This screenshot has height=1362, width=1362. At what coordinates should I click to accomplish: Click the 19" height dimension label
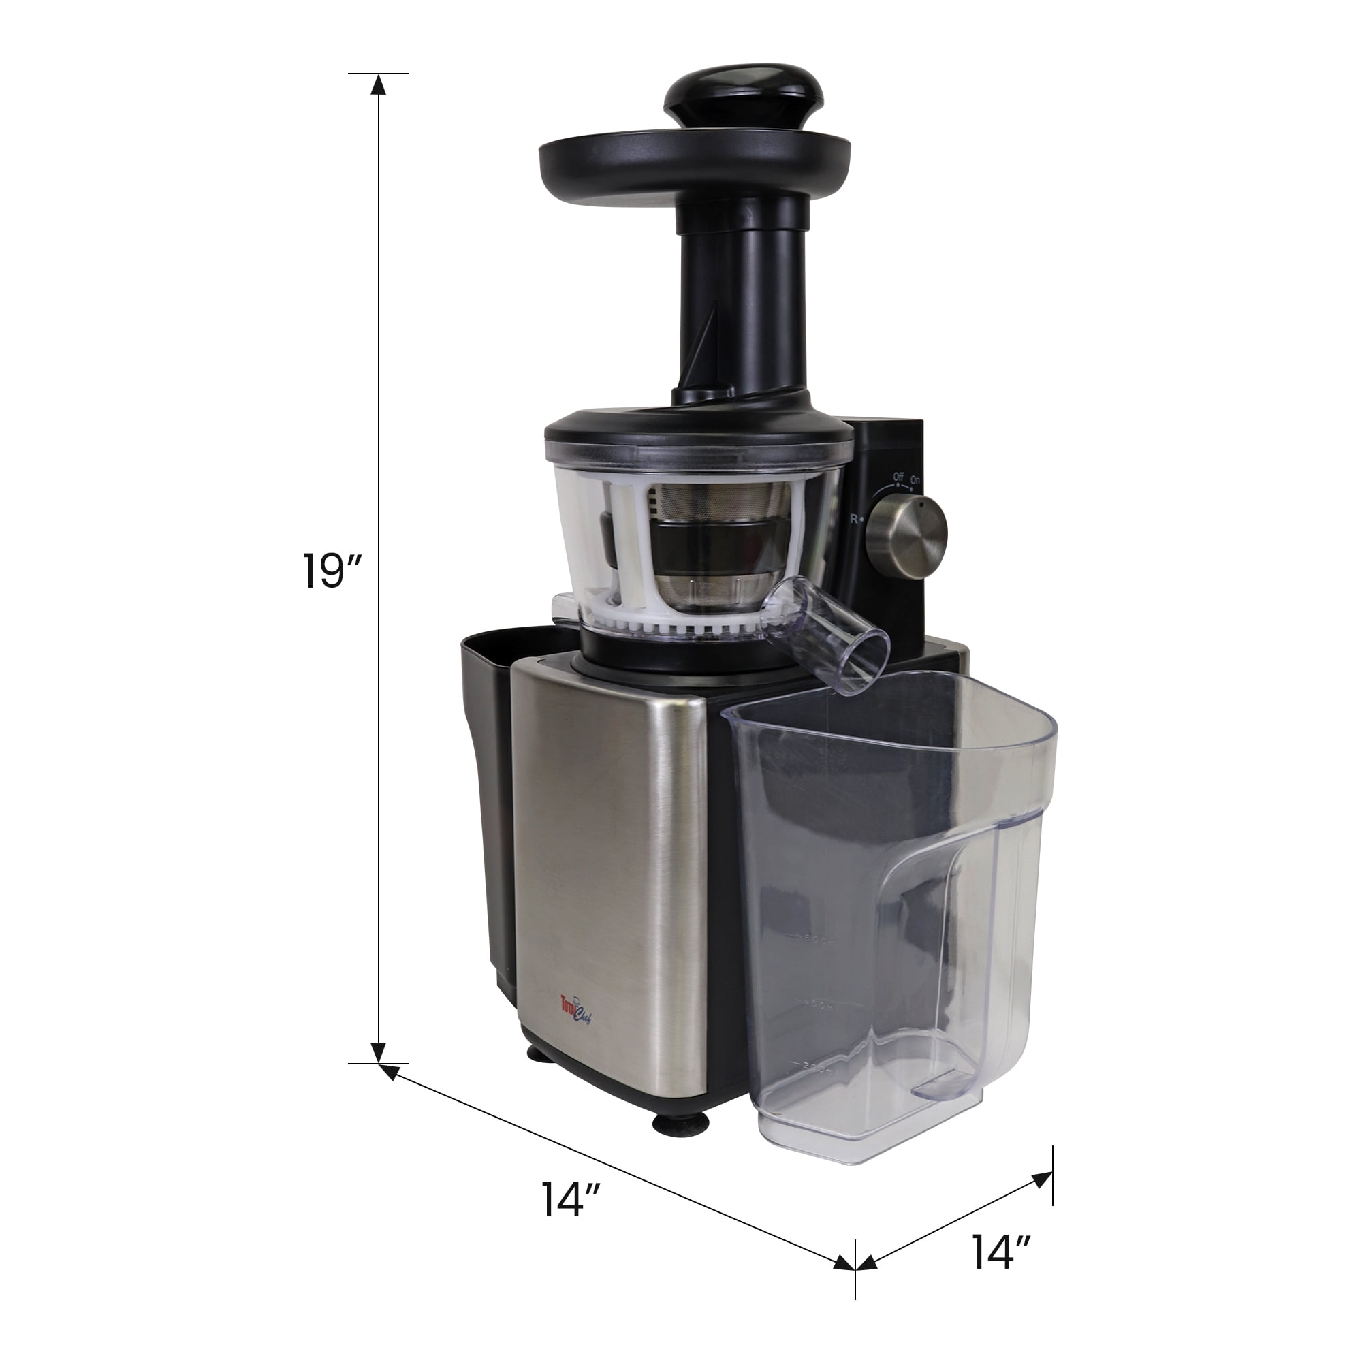point(332,571)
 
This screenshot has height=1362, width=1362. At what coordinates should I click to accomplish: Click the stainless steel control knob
point(906,533)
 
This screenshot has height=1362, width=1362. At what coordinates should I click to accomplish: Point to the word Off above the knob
point(898,477)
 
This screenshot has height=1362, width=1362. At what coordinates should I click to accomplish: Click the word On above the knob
point(915,480)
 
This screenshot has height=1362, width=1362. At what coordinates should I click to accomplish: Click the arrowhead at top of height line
point(379,85)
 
